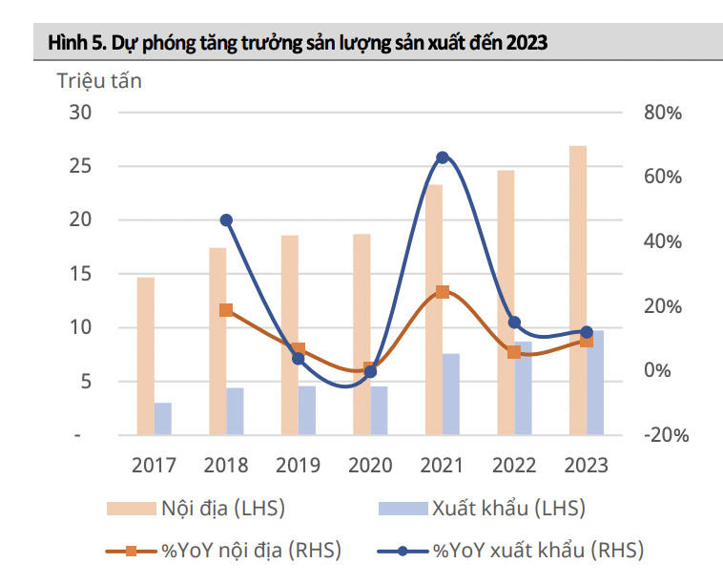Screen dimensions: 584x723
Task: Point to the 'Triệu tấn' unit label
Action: (x=99, y=81)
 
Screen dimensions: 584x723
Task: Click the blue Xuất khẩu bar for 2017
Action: (x=163, y=419)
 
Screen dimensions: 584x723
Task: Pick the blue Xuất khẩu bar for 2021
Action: (x=451, y=394)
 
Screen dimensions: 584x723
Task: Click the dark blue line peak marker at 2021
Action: (x=443, y=157)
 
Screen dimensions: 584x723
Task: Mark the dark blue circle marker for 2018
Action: (x=226, y=220)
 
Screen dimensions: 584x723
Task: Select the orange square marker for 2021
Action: (x=443, y=292)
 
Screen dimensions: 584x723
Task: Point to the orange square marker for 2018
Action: (x=226, y=310)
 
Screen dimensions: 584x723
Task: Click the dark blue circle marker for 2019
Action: (x=298, y=359)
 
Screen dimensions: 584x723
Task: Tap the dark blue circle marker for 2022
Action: (x=515, y=323)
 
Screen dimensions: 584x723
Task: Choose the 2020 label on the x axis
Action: (x=370, y=466)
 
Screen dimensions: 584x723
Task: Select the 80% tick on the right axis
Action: (x=661, y=113)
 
